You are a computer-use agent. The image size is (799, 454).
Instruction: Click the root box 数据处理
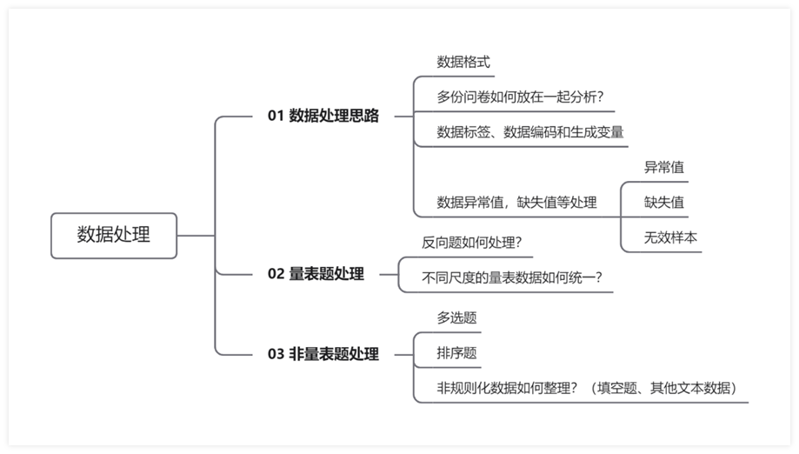click(114, 236)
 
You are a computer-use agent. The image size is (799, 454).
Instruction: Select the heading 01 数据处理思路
click(323, 116)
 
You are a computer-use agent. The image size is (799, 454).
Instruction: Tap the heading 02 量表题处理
click(316, 274)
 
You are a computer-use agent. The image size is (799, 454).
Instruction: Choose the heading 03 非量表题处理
click(323, 354)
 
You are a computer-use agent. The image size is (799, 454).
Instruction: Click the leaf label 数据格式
click(463, 62)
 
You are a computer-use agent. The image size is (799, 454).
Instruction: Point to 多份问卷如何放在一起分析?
click(520, 97)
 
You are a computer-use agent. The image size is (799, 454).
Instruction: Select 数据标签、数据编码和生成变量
click(530, 132)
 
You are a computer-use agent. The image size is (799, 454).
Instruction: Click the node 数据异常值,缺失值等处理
click(516, 203)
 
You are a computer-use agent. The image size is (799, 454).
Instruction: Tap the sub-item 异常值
click(664, 167)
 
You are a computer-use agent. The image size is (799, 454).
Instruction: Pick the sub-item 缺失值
click(664, 203)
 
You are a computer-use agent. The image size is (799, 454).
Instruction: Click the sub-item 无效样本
click(670, 237)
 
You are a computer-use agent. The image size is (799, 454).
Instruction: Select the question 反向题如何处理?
click(472, 243)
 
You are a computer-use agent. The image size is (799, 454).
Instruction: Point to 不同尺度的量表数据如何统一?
click(512, 277)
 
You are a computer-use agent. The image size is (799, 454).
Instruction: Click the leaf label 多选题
click(456, 318)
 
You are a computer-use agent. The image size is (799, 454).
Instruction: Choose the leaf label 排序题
click(456, 353)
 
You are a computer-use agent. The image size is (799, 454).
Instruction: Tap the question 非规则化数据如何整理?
click(507, 388)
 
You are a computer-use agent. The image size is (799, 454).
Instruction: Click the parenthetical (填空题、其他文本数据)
click(663, 388)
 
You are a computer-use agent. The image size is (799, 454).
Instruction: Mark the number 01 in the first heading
click(276, 116)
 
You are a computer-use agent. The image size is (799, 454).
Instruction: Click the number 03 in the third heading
click(276, 354)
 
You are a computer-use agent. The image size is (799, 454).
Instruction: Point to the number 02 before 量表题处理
click(276, 274)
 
